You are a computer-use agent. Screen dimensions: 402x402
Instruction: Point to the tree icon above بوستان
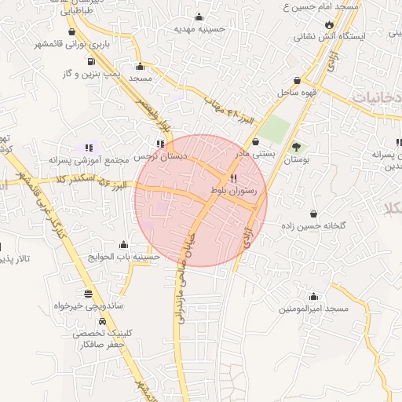[296, 147]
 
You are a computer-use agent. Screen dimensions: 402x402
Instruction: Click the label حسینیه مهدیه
[199, 28]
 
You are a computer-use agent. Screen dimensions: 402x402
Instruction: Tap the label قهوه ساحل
[295, 93]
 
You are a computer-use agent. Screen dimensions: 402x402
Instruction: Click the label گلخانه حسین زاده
[315, 225]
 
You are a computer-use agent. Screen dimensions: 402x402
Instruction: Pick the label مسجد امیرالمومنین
[313, 309]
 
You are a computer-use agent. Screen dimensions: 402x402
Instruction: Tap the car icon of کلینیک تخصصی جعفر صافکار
[102, 322]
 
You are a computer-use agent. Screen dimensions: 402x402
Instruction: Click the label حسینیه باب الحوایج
[124, 256]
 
